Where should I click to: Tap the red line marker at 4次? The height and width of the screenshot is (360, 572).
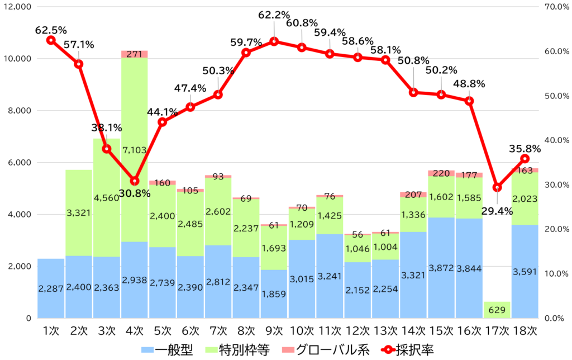[134, 181]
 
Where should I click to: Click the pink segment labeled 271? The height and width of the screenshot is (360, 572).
[134, 54]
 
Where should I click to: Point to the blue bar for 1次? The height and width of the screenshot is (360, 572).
[51, 288]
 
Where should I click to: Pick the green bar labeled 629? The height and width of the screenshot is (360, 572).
[497, 310]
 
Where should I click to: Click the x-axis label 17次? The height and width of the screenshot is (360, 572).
[497, 331]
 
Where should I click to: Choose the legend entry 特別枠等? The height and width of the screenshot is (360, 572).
[244, 350]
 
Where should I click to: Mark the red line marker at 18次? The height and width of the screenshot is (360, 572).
[525, 159]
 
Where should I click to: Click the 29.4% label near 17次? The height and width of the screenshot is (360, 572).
[497, 211]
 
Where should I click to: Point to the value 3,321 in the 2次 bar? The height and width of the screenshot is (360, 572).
[79, 213]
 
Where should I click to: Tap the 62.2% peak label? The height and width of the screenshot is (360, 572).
[274, 16]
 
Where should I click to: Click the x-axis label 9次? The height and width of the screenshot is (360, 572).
[274, 331]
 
